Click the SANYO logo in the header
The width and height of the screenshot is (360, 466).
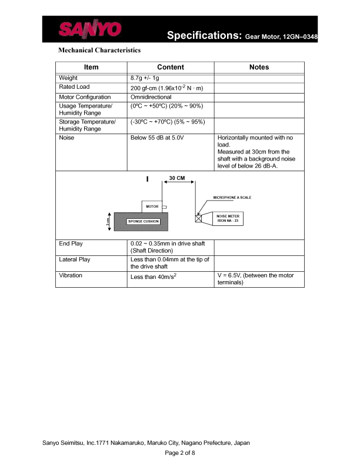click(90, 30)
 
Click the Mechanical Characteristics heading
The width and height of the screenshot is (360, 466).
click(99, 51)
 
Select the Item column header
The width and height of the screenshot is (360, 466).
click(91, 68)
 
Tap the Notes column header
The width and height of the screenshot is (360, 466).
click(259, 68)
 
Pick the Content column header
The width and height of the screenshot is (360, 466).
click(171, 68)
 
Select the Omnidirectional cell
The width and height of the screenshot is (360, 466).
click(151, 96)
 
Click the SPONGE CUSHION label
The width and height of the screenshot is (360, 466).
click(144, 221)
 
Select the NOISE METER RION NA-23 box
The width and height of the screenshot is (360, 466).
click(226, 218)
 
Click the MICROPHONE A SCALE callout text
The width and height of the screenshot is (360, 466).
click(232, 198)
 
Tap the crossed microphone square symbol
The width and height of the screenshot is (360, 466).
click(198, 218)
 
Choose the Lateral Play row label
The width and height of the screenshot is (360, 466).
click(75, 259)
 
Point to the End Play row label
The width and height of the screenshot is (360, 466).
click(71, 243)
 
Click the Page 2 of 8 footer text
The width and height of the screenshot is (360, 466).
click(179, 453)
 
